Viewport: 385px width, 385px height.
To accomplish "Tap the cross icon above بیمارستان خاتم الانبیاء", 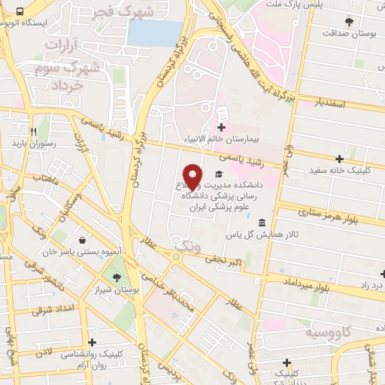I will pyautogui.click(x=221, y=126).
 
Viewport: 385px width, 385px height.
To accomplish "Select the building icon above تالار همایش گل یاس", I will pyautogui.click(x=261, y=223).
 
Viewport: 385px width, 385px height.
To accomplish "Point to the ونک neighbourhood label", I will pyautogui.click(x=187, y=244).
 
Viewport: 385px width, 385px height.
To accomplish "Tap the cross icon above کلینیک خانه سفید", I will pyautogui.click(x=340, y=159).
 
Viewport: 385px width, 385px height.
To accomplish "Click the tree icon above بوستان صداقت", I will pyautogui.click(x=348, y=22).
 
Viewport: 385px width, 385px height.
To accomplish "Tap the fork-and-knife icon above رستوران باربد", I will pyautogui.click(x=32, y=131).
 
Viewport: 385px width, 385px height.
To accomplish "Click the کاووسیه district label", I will pyautogui.click(x=327, y=331).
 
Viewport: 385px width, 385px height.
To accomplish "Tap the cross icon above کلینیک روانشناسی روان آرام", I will pyautogui.click(x=92, y=342).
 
